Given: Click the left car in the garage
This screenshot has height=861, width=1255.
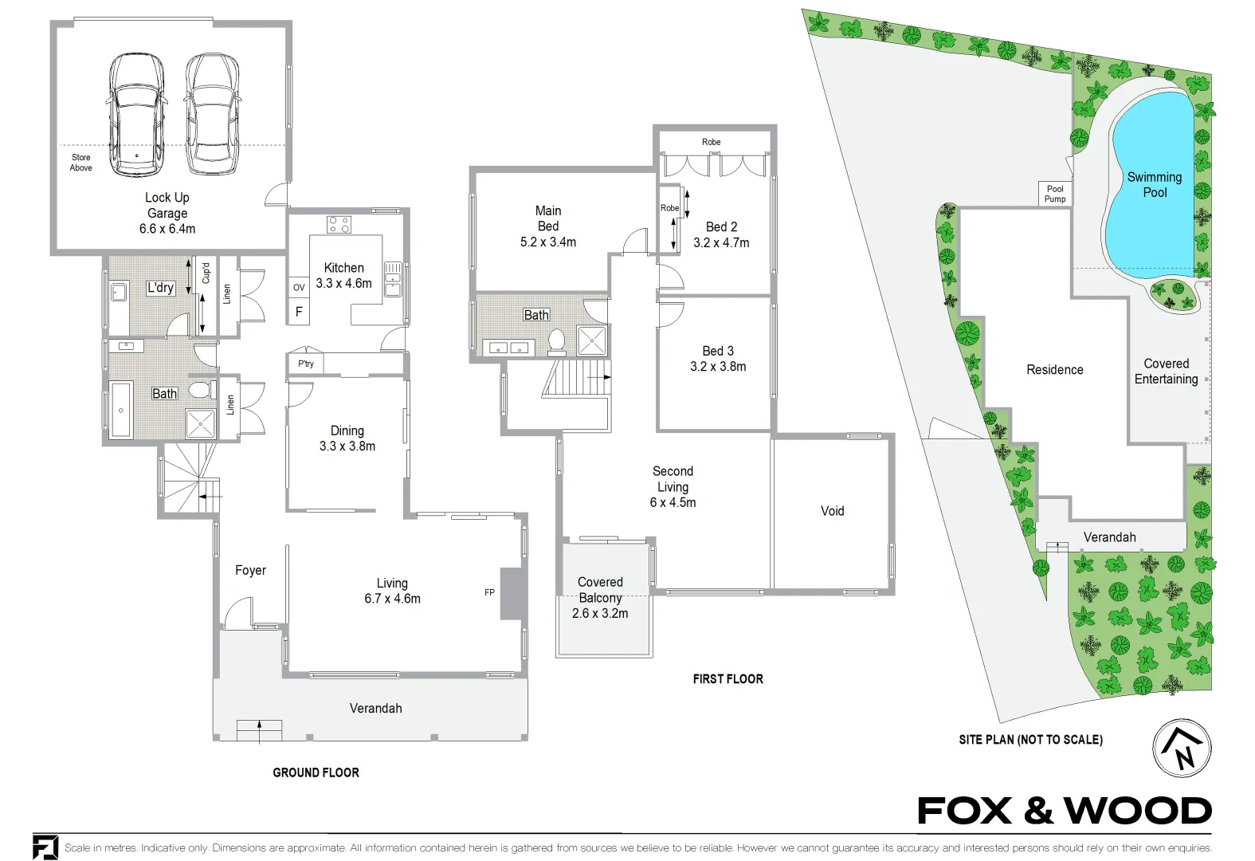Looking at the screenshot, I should click(x=137, y=116).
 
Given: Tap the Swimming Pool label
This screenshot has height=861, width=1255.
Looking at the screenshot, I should click(x=1154, y=185).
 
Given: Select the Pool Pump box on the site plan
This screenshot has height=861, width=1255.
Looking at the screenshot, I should click(x=1054, y=194).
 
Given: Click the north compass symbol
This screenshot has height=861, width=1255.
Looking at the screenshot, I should click(x=1182, y=749).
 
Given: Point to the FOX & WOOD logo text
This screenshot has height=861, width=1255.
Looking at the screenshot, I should click(x=1064, y=812).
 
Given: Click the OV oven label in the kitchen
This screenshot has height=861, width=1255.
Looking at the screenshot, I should click(x=299, y=288).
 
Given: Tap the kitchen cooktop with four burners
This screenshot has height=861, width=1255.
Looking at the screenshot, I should click(x=339, y=225).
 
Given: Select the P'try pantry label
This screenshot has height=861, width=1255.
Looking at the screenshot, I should click(x=306, y=364).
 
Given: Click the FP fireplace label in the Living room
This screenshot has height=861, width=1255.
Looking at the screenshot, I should click(x=489, y=592).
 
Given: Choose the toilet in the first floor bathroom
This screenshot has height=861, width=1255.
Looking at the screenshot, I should click(x=556, y=340).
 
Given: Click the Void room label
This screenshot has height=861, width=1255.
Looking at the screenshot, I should click(x=832, y=511).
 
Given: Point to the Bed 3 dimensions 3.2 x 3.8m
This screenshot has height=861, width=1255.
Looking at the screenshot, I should click(x=718, y=367).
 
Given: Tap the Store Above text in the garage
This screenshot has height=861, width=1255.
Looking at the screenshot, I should click(x=81, y=163).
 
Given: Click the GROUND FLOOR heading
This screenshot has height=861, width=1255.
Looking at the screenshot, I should click(x=316, y=773).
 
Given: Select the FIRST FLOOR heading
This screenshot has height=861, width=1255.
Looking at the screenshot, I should click(x=728, y=679).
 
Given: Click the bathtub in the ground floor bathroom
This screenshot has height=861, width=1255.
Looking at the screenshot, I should click(x=121, y=409).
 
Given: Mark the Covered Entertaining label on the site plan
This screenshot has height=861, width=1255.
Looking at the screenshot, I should click(x=1166, y=372).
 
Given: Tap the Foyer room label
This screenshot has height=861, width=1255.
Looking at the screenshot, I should click(x=250, y=570).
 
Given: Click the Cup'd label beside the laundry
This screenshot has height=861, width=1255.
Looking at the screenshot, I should click(x=206, y=273).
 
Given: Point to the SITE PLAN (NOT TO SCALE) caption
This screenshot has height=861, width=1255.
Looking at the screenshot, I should click(x=1030, y=740).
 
